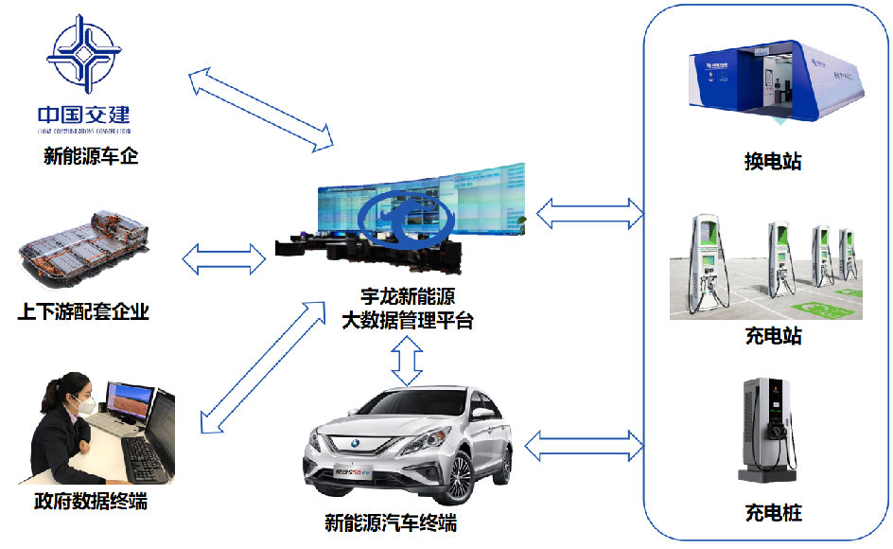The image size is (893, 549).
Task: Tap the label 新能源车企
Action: coord(91,156)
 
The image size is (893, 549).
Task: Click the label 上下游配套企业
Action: coord(83,311)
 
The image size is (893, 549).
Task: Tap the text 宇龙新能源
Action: coord(408,297)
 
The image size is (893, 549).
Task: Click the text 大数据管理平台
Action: coord(408,321)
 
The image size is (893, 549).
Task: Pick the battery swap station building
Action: coord(775,81)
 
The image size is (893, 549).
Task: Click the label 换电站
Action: coord(773,162)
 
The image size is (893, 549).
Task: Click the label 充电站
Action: coord(773,336)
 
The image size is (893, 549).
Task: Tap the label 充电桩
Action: coord(773,514)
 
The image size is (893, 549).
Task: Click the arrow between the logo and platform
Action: coord(261,109)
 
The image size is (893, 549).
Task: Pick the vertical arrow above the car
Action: coord(408,361)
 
